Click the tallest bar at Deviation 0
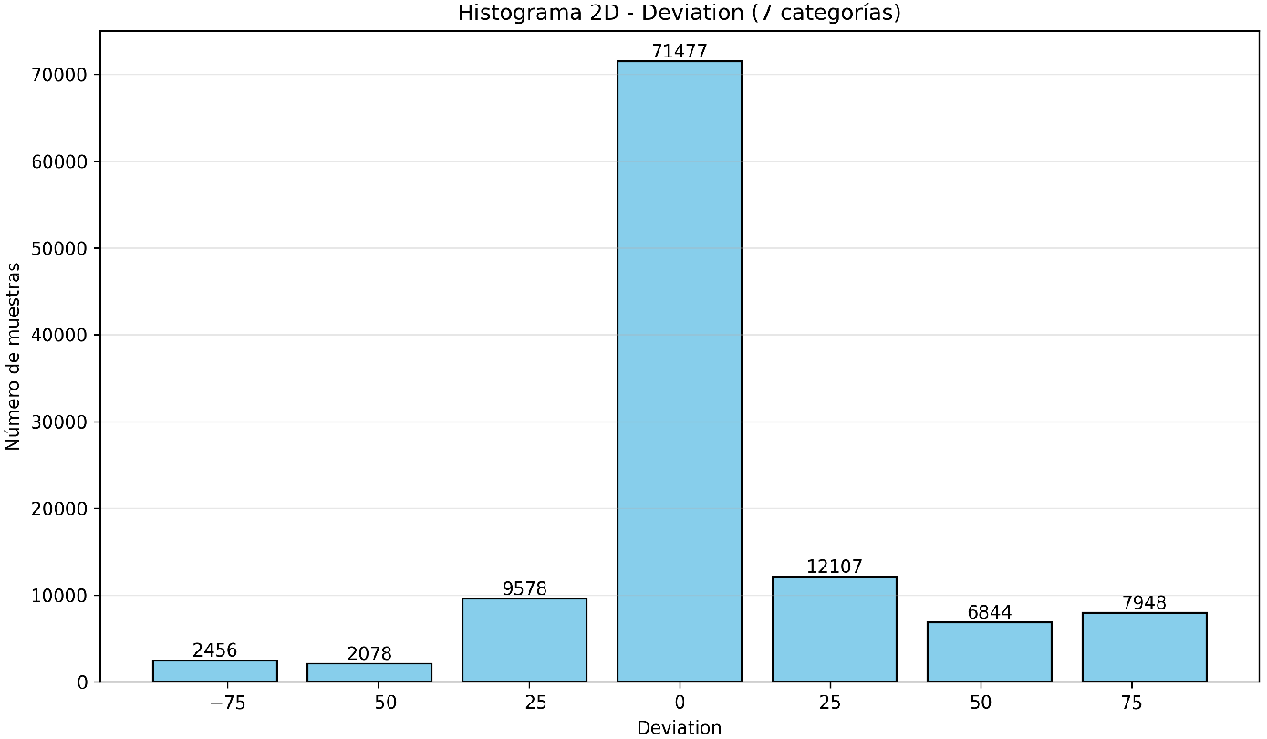pyautogui.click(x=680, y=371)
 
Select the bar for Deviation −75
pyautogui.click(x=215, y=671)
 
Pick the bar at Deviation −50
pyautogui.click(x=369, y=673)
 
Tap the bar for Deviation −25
pyautogui.click(x=524, y=640)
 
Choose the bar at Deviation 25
pyautogui.click(x=835, y=630)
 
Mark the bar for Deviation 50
pyautogui.click(x=990, y=652)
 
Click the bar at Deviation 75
pyautogui.click(x=1144, y=648)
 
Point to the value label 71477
pyautogui.click(x=680, y=52)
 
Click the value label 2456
pyautogui.click(x=215, y=651)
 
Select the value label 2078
pyautogui.click(x=369, y=654)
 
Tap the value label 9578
pyautogui.click(x=524, y=588)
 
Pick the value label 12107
pyautogui.click(x=835, y=567)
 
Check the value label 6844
pyautogui.click(x=990, y=612)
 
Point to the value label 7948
pyautogui.click(x=1144, y=603)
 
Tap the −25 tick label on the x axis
pyautogui.click(x=524, y=704)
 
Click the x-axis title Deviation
pyautogui.click(x=680, y=728)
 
